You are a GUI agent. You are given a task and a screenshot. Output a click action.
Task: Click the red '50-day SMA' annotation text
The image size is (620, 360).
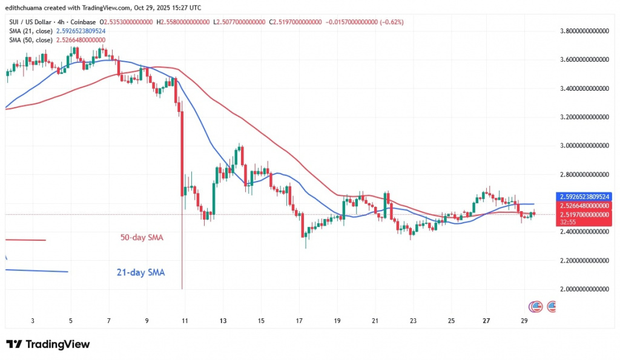click(x=141, y=237)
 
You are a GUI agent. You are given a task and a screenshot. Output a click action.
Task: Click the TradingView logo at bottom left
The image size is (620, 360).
click(x=48, y=344)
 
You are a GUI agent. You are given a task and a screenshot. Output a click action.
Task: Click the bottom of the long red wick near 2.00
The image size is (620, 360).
click(x=182, y=289)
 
